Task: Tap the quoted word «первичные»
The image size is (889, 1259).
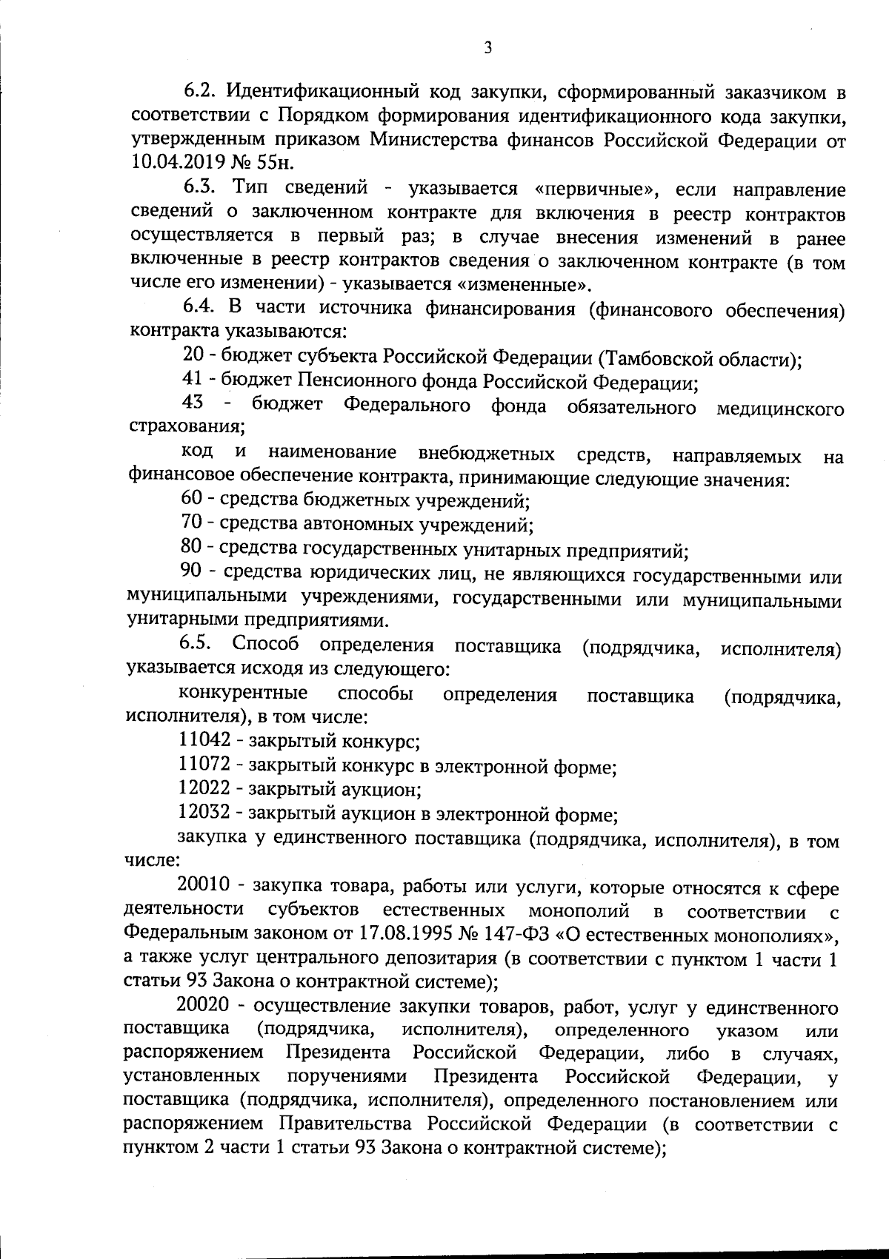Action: pyautogui.click(x=595, y=189)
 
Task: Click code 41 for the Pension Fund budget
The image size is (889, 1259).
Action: pyautogui.click(x=191, y=383)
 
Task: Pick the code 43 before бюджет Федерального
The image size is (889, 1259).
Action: pyautogui.click(x=193, y=406)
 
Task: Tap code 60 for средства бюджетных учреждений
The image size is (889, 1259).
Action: pyautogui.click(x=192, y=501)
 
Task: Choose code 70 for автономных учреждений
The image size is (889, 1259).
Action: pyautogui.click(x=192, y=525)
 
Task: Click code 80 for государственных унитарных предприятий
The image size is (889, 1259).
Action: pyautogui.click(x=192, y=549)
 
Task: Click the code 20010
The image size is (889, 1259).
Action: pyautogui.click(x=205, y=886)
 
